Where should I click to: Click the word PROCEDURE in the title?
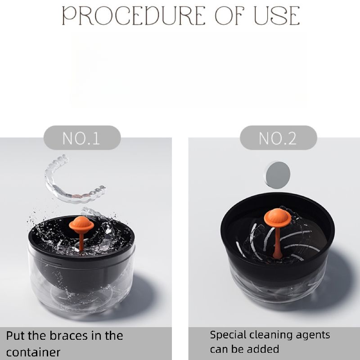[134, 16]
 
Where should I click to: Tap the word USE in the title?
[276, 16]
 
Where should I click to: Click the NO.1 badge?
[82, 138]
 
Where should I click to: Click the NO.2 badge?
[278, 138]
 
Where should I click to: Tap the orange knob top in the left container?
[81, 225]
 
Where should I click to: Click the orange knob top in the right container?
[278, 217]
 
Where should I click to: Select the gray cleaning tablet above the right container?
[278, 175]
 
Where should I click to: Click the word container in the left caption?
[33, 352]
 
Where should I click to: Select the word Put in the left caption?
[16, 336]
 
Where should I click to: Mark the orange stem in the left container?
[81, 242]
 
